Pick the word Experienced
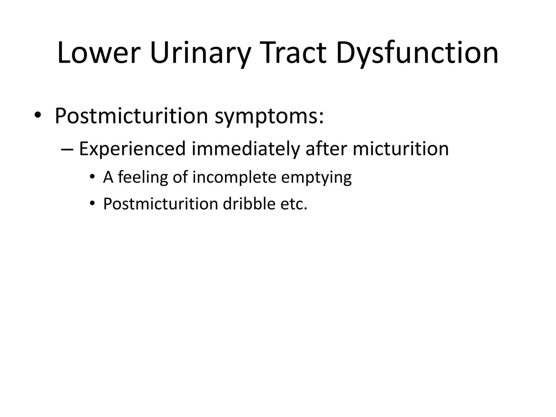tap(132, 149)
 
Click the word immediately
tap(246, 149)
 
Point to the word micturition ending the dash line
tap(401, 149)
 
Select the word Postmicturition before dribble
tap(160, 204)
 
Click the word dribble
tap(249, 204)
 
